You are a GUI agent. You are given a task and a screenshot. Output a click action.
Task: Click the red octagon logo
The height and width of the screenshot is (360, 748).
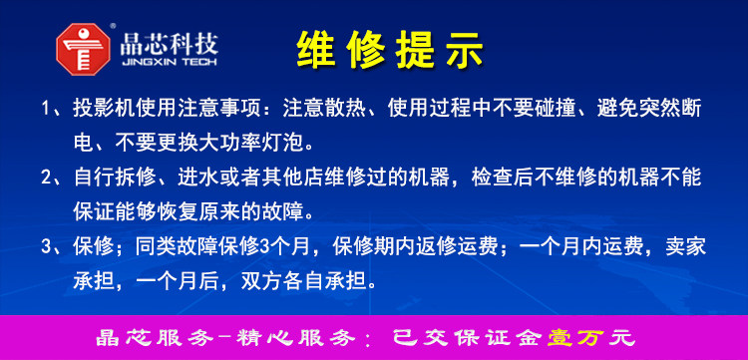click(x=83, y=49)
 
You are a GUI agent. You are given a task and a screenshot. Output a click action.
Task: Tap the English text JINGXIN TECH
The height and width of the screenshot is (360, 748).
click(x=170, y=63)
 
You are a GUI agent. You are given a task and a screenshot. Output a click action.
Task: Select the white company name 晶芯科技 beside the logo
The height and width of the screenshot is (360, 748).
click(x=170, y=44)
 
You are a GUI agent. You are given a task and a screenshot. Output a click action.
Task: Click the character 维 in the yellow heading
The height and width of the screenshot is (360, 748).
click(x=316, y=50)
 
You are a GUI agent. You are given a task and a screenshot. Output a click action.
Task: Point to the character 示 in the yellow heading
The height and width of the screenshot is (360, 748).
click(x=464, y=50)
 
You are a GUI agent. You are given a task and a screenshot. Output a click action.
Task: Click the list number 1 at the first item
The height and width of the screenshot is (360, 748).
click(x=46, y=109)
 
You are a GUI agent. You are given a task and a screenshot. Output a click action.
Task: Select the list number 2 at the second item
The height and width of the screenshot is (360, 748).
click(x=46, y=178)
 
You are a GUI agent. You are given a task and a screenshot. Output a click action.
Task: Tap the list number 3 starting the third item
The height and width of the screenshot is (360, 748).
click(x=46, y=247)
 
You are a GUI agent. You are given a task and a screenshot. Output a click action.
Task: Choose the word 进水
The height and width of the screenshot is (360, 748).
click(x=198, y=178)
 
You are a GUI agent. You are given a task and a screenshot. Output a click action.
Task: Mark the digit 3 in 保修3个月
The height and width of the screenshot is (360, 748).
click(x=265, y=247)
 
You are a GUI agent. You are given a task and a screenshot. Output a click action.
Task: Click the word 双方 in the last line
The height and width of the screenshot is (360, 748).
click(x=262, y=281)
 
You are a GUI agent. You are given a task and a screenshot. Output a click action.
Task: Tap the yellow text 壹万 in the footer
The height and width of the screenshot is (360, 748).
click(x=577, y=338)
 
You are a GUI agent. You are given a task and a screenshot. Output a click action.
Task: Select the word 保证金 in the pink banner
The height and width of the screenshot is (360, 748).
click(x=497, y=338)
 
